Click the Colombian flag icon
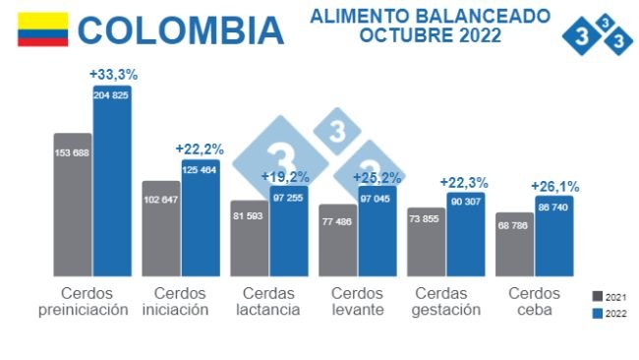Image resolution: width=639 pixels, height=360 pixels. pos(43,30)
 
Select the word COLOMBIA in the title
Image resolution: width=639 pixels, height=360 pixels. pos(181,30)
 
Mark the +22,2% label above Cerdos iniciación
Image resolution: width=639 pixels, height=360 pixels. pos(200,149)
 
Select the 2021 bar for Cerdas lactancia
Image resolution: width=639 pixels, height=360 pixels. pos(249,238)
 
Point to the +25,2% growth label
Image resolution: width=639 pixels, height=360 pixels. pos(378,177)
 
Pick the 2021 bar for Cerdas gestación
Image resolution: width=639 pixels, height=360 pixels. pos(426,242)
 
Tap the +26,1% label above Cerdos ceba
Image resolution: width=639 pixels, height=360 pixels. pos(554,186)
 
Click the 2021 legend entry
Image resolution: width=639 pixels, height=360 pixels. pos(610,295)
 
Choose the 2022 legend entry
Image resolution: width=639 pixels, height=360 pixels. pos(610,314)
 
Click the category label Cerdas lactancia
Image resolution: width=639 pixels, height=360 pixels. pos(269,301)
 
